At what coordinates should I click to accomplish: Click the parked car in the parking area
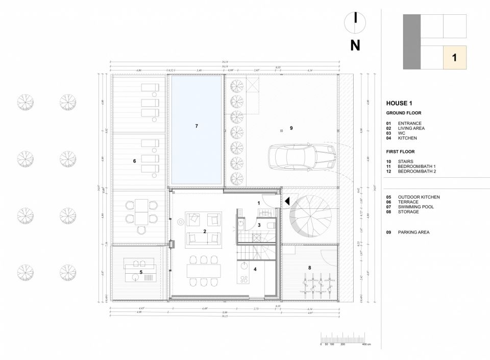[302, 157]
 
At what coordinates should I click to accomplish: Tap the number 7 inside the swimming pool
[196, 126]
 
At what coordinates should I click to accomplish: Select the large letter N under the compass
[355, 45]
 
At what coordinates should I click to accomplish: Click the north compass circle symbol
[355, 20]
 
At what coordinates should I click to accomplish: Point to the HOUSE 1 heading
[400, 103]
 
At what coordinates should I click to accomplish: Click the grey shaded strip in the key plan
[412, 42]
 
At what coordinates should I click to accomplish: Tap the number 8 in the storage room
[309, 267]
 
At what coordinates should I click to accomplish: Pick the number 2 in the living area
[205, 231]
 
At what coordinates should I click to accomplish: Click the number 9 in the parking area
[291, 128]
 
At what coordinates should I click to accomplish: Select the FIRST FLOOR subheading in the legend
[401, 152]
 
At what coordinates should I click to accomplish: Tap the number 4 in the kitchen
[256, 269]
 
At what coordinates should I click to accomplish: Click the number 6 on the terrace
[134, 161]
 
